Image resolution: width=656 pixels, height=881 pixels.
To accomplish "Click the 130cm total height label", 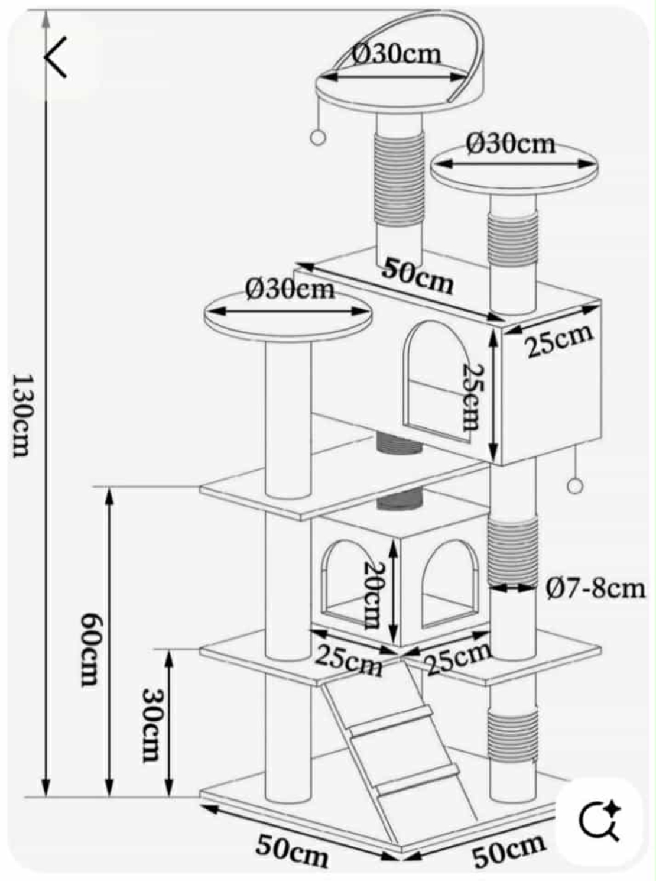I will point(20,414).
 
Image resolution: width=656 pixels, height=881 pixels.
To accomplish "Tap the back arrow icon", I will point(57,57).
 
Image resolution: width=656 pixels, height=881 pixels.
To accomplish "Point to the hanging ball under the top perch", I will point(318,138).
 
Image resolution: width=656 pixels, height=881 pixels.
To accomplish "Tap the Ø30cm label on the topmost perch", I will point(397,54).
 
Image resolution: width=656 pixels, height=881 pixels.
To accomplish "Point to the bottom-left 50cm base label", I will point(292,850).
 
